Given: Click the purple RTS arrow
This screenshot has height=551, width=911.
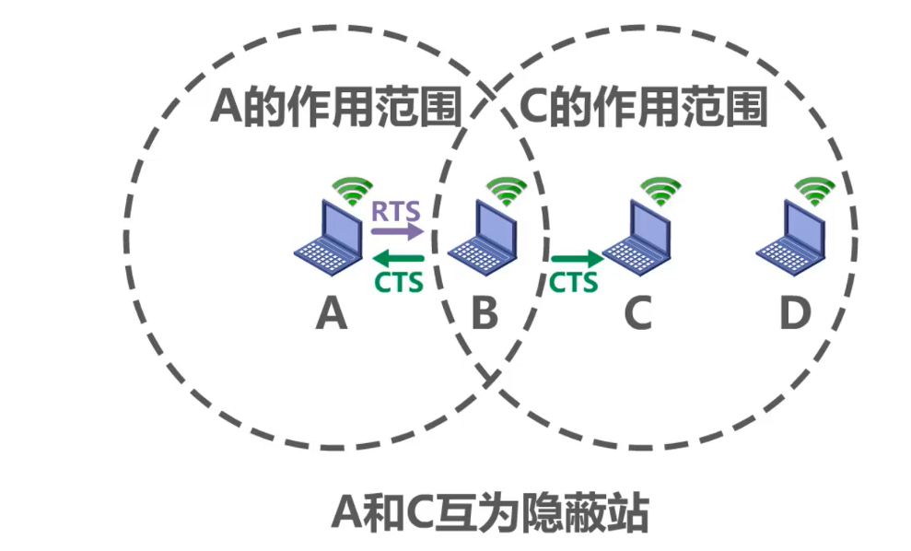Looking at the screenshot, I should coord(397,230).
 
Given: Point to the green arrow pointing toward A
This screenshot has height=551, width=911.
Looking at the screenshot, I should coord(397,257).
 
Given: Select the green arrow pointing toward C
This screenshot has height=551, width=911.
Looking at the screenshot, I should coord(577,257).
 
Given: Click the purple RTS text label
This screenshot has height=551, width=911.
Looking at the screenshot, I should coord(396,210).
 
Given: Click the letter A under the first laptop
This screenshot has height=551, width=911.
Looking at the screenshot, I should coord(331,315).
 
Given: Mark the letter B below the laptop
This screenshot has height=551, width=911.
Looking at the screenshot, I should coord(484,315).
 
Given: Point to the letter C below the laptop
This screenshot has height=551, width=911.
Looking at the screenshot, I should coord(637,315).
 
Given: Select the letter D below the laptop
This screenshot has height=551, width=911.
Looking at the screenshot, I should coord(794,315).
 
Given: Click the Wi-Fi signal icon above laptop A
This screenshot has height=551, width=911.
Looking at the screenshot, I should coord(353,190).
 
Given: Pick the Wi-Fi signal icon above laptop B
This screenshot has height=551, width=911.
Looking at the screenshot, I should coord(507,190).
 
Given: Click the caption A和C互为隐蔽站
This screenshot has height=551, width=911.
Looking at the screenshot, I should coord(489,511).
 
